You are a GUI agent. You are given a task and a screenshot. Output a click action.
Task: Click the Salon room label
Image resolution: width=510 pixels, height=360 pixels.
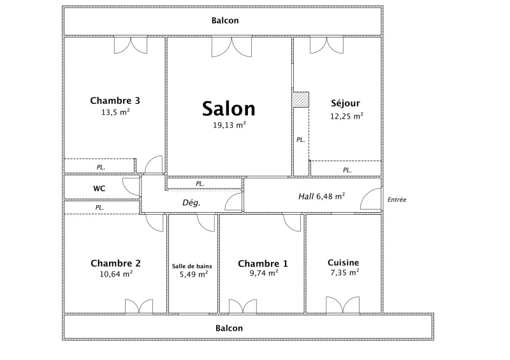pos(229,108)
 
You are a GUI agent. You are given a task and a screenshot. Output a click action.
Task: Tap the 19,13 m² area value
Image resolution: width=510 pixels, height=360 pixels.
pos(229,125)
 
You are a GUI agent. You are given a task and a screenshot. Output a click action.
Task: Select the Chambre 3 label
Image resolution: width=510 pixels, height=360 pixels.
pos(115,101)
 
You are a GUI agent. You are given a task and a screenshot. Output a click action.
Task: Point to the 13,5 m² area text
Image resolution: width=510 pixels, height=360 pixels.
pos(115,112)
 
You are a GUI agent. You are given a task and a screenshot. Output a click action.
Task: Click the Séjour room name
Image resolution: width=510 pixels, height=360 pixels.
pos(346,103)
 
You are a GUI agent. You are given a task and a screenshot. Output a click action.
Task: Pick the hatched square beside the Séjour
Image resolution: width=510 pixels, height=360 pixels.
pos(300,99)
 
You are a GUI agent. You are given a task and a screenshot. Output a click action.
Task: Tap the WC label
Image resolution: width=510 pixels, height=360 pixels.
pos(99,189)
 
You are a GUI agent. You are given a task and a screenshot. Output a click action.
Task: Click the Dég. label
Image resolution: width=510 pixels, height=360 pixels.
pos(191,203)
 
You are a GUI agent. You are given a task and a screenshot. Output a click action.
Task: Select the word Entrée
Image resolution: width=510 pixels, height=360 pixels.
pos(397,199)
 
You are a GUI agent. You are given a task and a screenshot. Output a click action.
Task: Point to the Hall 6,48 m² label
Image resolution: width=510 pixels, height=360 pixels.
pos(322,196)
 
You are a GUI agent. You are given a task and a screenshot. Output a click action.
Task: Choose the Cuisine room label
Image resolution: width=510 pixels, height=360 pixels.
pos(344,263)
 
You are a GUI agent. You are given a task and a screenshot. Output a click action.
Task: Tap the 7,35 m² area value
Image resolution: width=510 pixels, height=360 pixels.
pos(345,273)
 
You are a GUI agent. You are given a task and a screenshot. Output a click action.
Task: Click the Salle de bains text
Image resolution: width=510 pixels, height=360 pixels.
pos(192,266)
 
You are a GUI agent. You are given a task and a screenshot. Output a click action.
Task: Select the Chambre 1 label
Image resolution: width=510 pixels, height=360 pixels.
pos(263,263)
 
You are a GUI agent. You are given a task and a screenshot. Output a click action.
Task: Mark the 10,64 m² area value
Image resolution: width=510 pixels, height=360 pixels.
pos(116,274)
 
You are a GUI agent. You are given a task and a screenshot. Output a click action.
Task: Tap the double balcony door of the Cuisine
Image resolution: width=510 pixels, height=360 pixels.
pos(343,305)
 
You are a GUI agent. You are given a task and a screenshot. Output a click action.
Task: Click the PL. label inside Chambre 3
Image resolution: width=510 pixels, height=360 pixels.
pos(101,168)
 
